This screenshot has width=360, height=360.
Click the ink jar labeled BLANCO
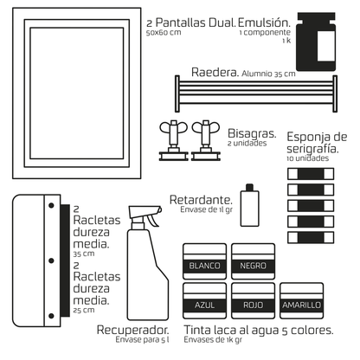[x=204, y=261]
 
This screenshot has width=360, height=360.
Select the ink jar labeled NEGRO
[x=253, y=261]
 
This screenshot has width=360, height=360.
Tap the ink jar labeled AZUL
[x=204, y=300]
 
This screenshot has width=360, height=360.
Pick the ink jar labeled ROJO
[x=253, y=300]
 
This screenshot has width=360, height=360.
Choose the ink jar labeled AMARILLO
[x=301, y=300]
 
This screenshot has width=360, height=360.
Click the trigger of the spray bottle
[x=153, y=220]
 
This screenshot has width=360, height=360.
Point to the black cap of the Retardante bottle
[x=249, y=187]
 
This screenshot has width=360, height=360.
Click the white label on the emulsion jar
[x=326, y=46]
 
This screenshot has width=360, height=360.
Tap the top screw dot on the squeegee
[x=51, y=205]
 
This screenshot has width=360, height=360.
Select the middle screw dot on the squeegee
[x=51, y=260]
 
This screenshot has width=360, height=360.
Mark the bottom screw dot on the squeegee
[x=51, y=316]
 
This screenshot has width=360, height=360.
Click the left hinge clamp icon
[x=174, y=140]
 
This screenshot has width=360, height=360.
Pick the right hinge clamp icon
[x=206, y=140]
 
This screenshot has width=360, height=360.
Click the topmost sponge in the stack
[x=311, y=174]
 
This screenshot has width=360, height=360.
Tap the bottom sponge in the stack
[x=311, y=237]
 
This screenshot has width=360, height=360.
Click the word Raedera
[x=215, y=72]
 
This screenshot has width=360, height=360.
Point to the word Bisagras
[x=252, y=133]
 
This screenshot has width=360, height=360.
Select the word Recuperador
[x=133, y=330]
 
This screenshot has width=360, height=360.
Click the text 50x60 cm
[x=164, y=33]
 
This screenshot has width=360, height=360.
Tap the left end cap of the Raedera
[x=177, y=93]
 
